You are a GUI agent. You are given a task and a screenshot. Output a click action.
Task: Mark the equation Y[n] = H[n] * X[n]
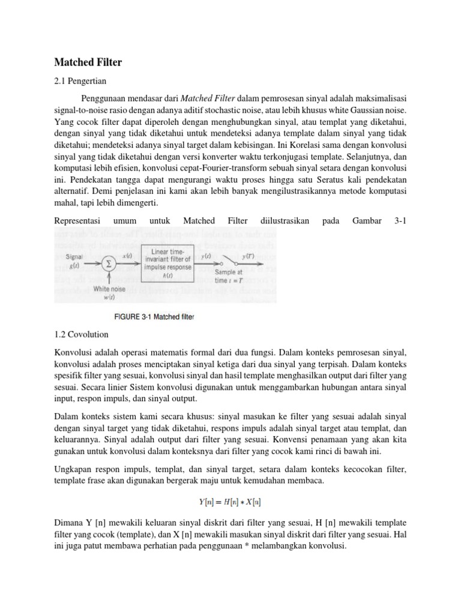click(230, 503)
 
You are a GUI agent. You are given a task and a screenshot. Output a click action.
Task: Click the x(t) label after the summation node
click(127, 256)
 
